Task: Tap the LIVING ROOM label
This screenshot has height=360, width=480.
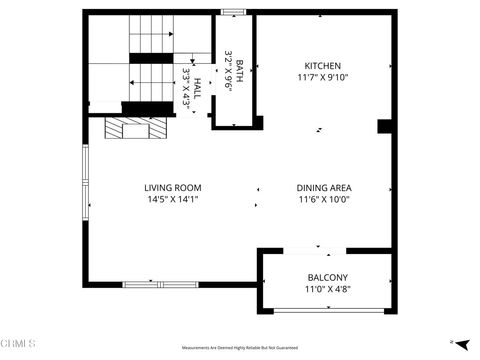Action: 173,187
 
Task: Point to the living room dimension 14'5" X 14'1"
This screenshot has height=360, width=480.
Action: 173,199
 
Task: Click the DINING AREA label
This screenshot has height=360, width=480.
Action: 323,187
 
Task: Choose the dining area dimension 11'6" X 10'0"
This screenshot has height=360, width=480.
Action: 323,199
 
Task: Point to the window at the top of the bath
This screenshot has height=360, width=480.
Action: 234,12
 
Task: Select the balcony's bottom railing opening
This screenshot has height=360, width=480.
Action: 329,310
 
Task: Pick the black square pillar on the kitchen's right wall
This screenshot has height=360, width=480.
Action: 384,126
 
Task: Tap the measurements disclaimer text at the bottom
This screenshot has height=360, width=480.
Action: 240,348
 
